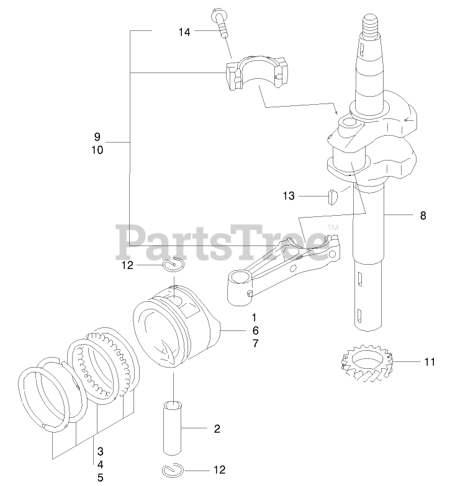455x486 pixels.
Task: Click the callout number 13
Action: [x=289, y=196]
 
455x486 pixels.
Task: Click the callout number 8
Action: [x=423, y=216]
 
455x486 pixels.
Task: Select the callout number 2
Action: [x=217, y=428]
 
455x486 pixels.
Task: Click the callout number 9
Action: [x=97, y=136]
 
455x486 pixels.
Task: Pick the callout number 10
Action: [x=97, y=150]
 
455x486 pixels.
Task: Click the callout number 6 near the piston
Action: [x=238, y=330]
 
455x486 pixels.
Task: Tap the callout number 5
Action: [x=99, y=477]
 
